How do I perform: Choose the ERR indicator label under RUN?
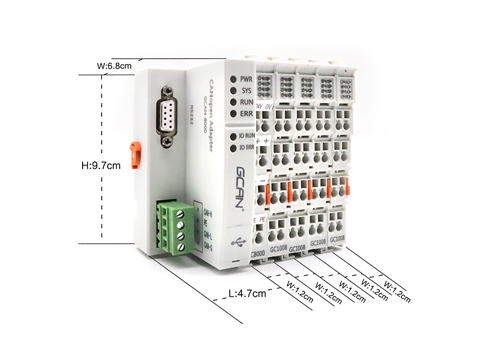(x=246, y=114)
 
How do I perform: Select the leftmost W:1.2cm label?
(x=302, y=298)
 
